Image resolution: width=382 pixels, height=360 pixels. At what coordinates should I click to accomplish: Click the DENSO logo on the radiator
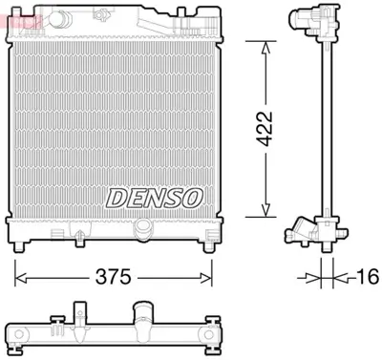tap(155, 197)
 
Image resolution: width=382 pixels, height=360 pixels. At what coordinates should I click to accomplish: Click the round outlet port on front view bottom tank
tap(143, 227)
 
